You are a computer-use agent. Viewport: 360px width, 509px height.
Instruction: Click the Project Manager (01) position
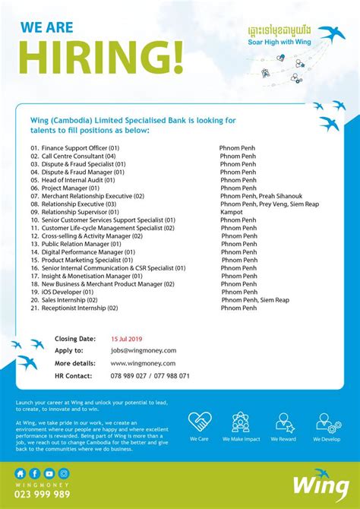pos(65,188)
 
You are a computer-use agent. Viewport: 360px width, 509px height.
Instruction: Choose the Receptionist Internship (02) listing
pos(74,308)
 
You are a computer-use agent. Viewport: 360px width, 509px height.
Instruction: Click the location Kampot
pos(232,212)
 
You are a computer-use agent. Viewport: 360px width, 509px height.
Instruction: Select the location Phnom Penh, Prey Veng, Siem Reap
pos(270,204)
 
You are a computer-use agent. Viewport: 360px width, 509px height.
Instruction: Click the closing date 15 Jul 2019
pos(128,339)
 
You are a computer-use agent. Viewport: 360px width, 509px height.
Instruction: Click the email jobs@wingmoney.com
pos(144,351)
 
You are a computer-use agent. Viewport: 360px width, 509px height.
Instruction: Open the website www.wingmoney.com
pos(143,363)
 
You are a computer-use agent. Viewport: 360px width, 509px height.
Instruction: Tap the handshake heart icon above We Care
pos(200,422)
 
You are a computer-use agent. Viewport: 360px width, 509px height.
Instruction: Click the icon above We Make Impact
pos(241,422)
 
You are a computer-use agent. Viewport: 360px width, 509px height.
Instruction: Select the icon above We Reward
pos(286,422)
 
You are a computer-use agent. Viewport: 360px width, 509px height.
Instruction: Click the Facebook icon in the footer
pos(35,473)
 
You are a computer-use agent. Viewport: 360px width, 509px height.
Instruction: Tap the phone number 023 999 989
pos(43,494)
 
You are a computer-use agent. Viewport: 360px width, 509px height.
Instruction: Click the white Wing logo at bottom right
pos(314,484)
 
